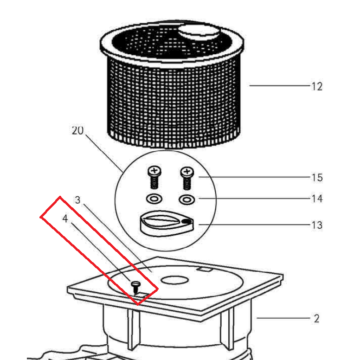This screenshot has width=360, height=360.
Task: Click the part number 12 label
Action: pos(317,87)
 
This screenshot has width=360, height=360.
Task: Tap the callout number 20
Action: pos(77,131)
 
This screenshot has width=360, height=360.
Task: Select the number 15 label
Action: pos(317,178)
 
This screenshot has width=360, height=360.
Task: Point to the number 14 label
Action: pos(317,199)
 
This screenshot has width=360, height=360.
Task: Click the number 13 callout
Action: pos(317,225)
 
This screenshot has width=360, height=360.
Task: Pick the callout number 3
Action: pos(78,200)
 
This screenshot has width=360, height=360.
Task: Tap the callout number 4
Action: pos(65,219)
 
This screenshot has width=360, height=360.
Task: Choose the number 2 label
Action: pos(316,318)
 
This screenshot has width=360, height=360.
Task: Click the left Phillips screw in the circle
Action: pos(154,178)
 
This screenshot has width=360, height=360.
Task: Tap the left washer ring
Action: pos(154,199)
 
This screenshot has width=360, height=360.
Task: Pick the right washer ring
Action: pos(187,199)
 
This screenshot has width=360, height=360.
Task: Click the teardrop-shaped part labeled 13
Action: pos(167,224)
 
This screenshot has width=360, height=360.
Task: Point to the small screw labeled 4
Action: pos(135,287)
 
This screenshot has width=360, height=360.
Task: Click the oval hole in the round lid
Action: pos(175,280)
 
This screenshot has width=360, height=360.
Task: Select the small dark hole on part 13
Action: pos(187,221)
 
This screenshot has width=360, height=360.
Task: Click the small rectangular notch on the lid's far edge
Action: pos(204,269)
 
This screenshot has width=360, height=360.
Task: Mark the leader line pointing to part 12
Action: pos(280,86)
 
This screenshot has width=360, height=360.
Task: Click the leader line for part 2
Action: pos(283,318)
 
